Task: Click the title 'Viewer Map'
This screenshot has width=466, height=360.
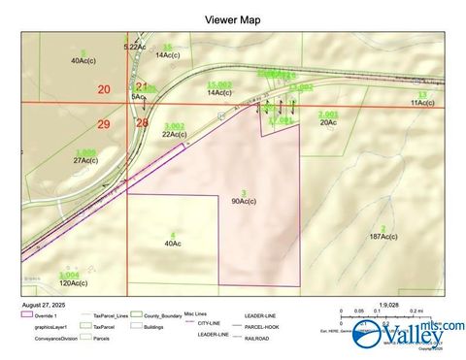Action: (x=232, y=19)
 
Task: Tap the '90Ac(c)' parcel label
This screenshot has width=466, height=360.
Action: (x=243, y=201)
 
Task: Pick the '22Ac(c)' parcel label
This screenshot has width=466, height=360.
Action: (x=175, y=134)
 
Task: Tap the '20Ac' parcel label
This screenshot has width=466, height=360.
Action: (x=328, y=122)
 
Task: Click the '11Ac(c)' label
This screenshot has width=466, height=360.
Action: (x=421, y=102)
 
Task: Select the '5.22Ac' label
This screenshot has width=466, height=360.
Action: (x=134, y=47)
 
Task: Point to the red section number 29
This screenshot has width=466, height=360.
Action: (x=105, y=125)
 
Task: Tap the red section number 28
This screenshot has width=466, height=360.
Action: (x=143, y=123)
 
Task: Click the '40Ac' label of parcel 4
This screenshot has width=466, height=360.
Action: (x=173, y=244)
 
